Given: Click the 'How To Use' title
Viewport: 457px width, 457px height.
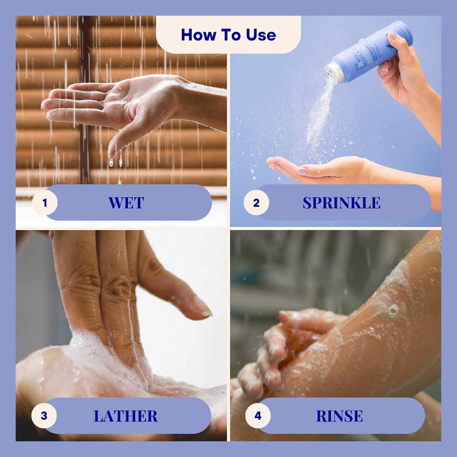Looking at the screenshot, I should (228, 35).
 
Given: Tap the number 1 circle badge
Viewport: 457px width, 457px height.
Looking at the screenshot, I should (45, 203).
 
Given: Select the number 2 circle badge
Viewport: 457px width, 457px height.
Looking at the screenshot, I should (256, 203).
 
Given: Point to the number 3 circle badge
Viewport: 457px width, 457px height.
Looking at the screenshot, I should (44, 416).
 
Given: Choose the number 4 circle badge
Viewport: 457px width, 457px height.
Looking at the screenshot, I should (258, 416).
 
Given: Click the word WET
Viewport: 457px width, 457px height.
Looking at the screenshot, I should (126, 203).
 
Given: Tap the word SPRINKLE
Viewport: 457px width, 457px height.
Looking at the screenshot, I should (341, 203).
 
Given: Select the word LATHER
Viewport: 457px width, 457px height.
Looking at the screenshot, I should (126, 416).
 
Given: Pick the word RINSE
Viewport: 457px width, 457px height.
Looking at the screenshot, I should (339, 416).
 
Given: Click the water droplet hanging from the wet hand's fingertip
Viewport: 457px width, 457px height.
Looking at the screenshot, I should (111, 162).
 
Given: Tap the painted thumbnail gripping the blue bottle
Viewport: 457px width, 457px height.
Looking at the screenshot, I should (394, 36).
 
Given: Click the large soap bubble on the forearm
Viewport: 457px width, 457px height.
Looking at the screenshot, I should (394, 311).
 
